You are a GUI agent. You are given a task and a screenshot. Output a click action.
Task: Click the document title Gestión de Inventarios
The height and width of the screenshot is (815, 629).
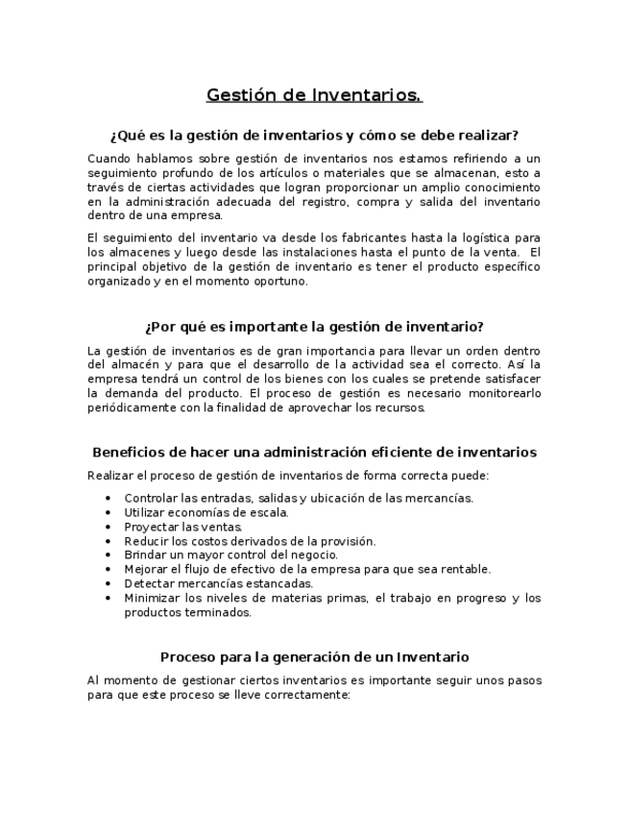click(314, 95)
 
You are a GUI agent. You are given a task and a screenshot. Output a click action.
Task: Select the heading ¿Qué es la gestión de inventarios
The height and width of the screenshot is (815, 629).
click(314, 135)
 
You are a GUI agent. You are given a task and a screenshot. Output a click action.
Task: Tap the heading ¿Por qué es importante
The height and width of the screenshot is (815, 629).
click(314, 327)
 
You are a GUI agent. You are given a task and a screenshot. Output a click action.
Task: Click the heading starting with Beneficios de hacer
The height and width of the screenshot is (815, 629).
click(314, 452)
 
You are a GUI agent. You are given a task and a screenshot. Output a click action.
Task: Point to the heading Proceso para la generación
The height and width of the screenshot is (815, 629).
click(314, 657)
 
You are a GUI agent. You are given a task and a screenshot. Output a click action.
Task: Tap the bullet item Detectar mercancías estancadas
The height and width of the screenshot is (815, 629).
click(219, 583)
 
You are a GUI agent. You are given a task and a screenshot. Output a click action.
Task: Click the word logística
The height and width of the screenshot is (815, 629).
click(483, 237)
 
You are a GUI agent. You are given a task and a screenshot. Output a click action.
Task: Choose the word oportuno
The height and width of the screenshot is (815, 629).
click(279, 282)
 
